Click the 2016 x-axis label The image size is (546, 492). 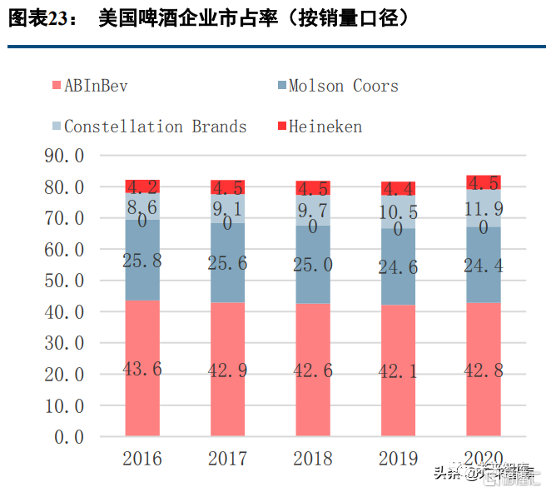click(142, 459)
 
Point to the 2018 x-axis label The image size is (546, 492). click(313, 459)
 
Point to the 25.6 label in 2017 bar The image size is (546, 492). click(228, 263)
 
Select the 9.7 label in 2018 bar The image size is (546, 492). click(313, 210)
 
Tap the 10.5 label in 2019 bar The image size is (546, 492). click(399, 213)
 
